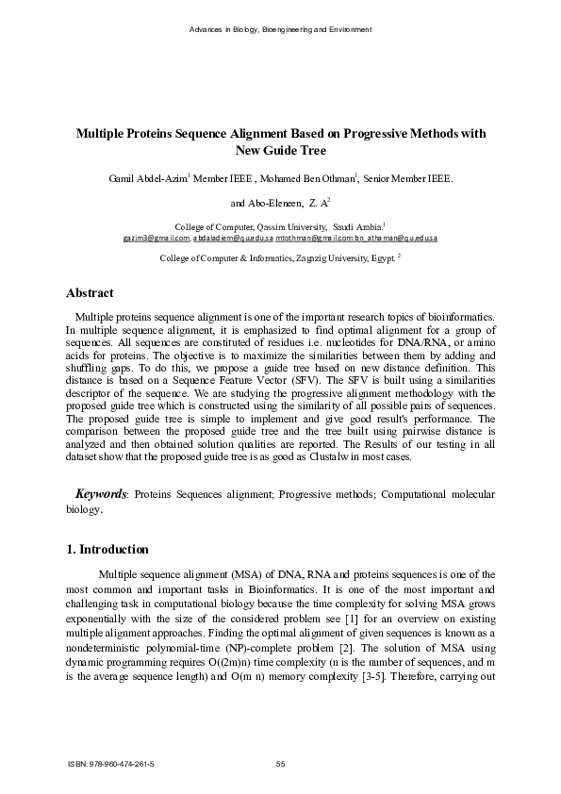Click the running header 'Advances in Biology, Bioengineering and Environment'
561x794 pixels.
pyautogui.click(x=280, y=30)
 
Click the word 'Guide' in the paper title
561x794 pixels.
pyautogui.click(x=280, y=150)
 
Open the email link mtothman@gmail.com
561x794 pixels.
pyautogui.click(x=307, y=239)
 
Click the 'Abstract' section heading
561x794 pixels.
pyautogui.click(x=90, y=293)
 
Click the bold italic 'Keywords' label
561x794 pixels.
pyautogui.click(x=101, y=494)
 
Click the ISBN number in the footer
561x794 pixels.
pyautogui.click(x=112, y=763)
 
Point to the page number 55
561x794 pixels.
pyautogui.click(x=280, y=763)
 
